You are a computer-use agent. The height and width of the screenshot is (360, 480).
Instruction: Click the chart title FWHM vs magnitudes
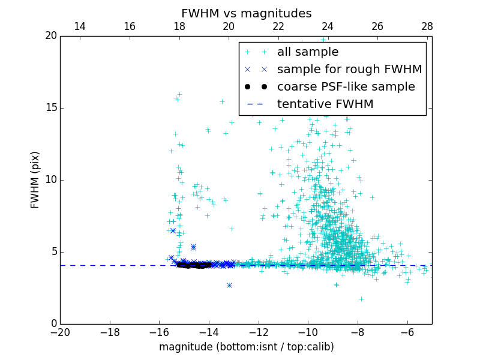click(246, 13)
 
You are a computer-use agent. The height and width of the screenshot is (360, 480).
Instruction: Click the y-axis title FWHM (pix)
click(35, 180)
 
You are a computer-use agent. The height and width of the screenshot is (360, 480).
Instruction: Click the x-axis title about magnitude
click(246, 347)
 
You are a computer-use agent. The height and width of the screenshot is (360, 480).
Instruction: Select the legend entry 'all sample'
click(308, 52)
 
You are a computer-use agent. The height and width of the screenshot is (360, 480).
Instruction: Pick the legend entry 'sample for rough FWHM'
click(349, 70)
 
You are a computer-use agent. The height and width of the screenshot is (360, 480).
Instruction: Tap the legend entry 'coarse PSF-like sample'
click(346, 87)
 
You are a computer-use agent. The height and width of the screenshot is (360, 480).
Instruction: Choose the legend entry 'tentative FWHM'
click(325, 104)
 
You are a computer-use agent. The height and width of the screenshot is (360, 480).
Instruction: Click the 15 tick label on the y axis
click(50, 108)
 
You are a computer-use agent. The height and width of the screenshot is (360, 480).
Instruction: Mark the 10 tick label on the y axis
click(50, 180)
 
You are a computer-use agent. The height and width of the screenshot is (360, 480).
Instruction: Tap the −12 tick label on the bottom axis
click(259, 331)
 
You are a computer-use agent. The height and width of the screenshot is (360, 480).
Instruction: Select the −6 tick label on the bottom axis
click(407, 331)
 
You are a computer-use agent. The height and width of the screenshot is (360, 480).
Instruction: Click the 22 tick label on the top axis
click(278, 26)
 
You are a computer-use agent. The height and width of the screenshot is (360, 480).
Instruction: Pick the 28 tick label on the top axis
click(427, 26)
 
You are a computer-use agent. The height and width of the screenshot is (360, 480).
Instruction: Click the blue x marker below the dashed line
click(229, 285)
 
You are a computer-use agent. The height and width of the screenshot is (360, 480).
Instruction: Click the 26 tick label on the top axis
click(377, 26)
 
